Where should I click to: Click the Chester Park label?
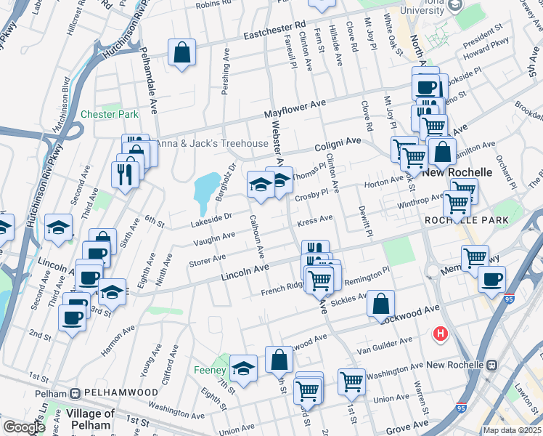pos(109,114)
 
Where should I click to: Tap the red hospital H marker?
pos(440,334)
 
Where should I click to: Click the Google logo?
pos(23,428)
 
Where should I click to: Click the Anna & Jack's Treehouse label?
pos(213,143)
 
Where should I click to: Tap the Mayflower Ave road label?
pos(295,109)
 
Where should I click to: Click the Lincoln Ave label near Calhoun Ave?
pos(245,271)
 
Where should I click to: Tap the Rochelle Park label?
pos(465,220)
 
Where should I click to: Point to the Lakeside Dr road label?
pos(212,217)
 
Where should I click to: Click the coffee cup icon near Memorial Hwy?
pos(491,279)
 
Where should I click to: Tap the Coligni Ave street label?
pos(338,145)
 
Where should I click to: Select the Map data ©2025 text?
pos(511,430)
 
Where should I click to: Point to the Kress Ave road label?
pos(316,219)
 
